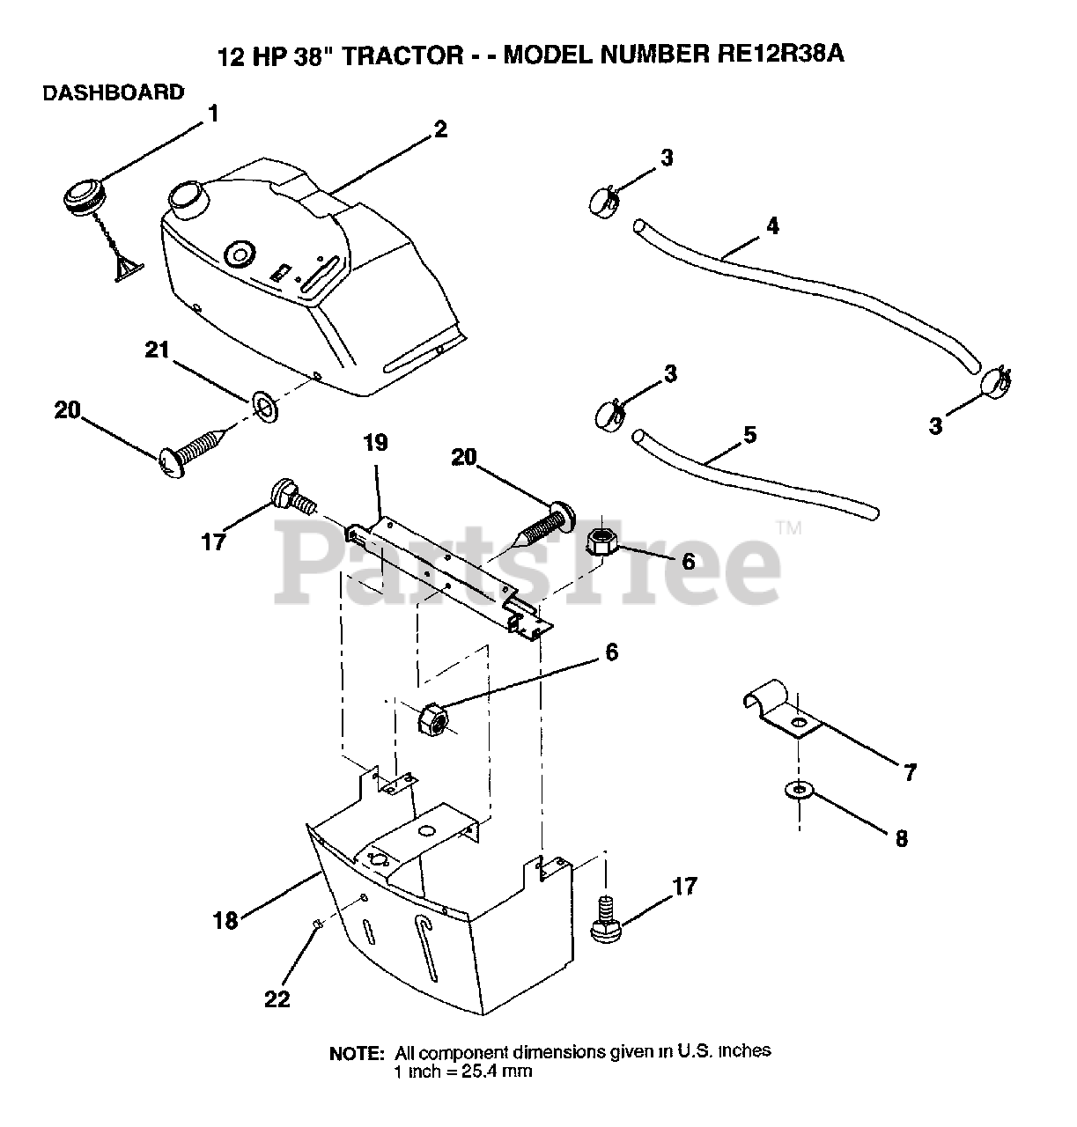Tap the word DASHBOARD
(114, 92)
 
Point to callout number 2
(440, 129)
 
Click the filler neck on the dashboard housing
(187, 199)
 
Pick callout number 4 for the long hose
(771, 226)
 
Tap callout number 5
(749, 435)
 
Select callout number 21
(157, 351)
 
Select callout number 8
(901, 838)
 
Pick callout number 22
(277, 999)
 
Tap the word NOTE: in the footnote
(357, 1054)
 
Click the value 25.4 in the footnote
(476, 1072)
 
